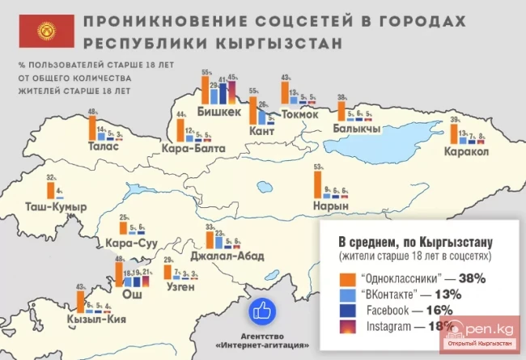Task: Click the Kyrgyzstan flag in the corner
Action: [40, 29]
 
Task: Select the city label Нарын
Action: [331, 205]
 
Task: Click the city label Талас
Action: [106, 147]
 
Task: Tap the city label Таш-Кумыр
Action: [57, 208]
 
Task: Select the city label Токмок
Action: [291, 114]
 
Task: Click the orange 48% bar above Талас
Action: [92, 128]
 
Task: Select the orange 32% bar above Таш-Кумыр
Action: [51, 188]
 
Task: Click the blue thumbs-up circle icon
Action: [262, 310]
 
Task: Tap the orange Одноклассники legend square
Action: [345, 277]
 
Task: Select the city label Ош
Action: [129, 295]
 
